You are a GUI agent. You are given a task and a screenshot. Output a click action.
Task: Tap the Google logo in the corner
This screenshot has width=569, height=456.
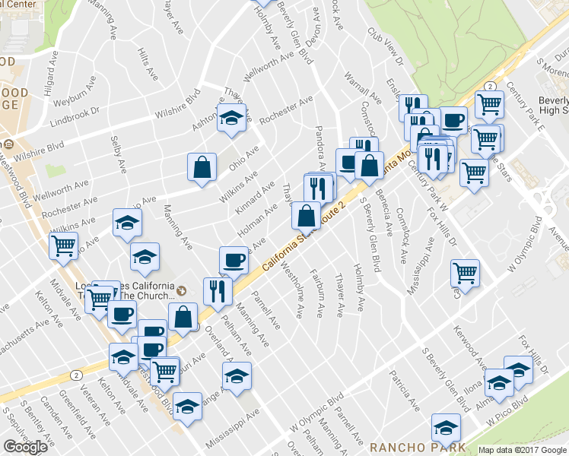25,446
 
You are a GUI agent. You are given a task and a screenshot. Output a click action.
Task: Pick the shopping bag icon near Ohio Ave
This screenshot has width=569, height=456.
202,168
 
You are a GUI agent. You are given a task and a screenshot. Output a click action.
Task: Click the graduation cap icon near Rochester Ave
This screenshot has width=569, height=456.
230,119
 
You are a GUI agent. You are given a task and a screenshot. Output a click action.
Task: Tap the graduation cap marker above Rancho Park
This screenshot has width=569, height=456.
445,428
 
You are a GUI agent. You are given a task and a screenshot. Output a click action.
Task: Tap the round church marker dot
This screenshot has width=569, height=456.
181,290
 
